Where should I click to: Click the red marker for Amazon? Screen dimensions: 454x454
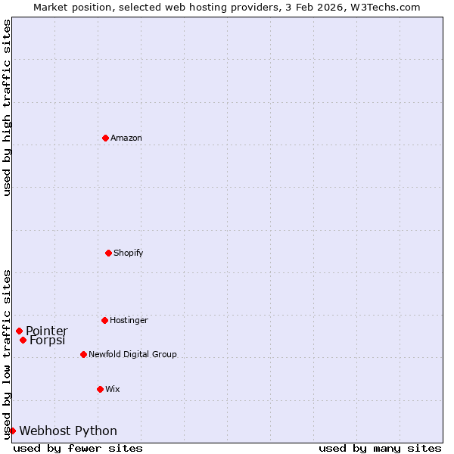click(x=105, y=138)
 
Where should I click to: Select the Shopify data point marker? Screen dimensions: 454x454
click(x=108, y=253)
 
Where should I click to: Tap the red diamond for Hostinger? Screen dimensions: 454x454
click(x=104, y=320)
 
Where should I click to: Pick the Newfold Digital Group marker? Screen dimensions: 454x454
click(x=83, y=354)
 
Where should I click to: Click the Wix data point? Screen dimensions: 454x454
click(x=100, y=389)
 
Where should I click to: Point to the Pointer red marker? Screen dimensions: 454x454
click(x=19, y=331)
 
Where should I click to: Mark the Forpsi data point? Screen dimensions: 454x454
click(x=23, y=340)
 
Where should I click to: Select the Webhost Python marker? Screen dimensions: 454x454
click(x=12, y=431)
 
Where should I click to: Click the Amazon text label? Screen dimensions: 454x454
click(x=126, y=138)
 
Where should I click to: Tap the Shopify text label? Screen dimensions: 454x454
click(x=129, y=253)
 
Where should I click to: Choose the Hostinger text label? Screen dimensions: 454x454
click(x=129, y=320)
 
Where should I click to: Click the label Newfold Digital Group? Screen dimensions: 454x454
click(x=132, y=354)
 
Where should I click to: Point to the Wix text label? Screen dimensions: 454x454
click(x=113, y=389)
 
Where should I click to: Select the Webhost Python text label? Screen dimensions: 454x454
click(x=68, y=431)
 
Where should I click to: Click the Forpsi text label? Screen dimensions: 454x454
click(x=48, y=340)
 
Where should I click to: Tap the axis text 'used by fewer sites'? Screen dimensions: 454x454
click(x=78, y=448)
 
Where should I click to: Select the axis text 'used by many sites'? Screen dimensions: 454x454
click(x=380, y=448)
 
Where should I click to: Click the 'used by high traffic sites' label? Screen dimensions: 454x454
click(x=7, y=107)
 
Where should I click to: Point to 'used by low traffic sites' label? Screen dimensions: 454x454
click(x=7, y=353)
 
